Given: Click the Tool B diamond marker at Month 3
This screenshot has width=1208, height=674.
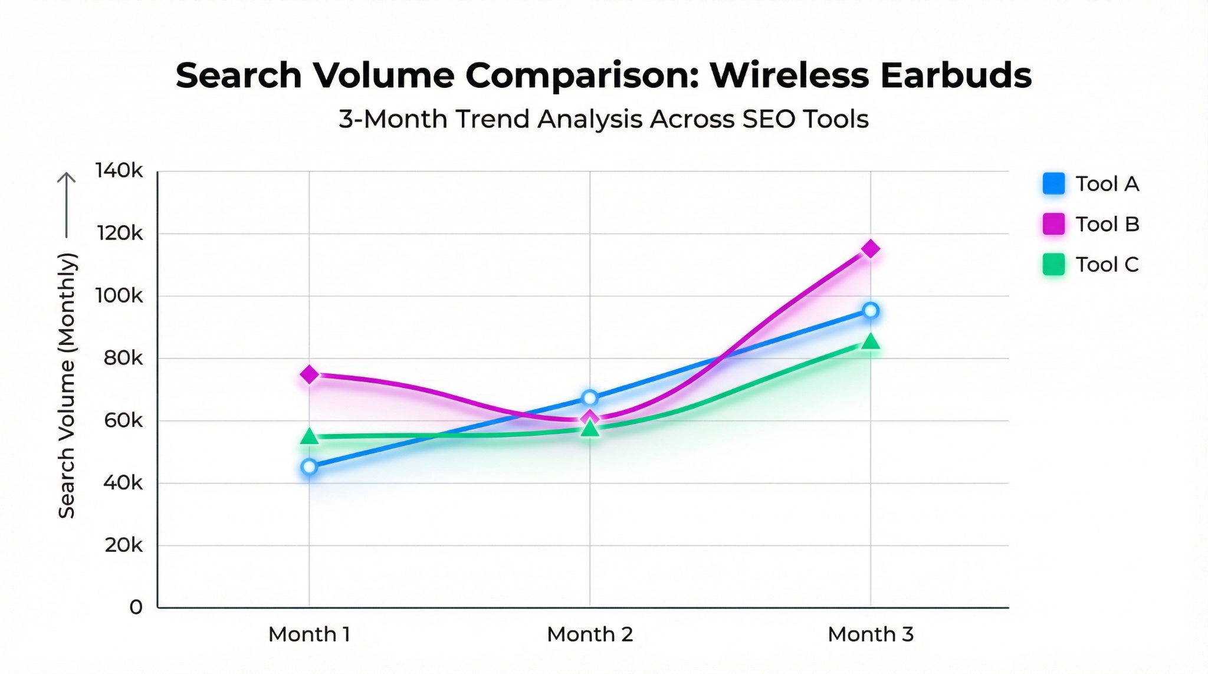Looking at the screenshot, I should coord(870,249).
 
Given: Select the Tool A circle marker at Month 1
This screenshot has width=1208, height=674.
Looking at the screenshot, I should coord(309,467).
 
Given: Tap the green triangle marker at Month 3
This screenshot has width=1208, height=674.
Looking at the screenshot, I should coord(870,342).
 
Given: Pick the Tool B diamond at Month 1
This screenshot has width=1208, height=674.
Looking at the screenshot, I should coord(309,374).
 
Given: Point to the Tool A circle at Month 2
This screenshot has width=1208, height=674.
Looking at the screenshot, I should coord(589,398).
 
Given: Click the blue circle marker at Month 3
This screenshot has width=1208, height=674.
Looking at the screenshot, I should coord(870,311).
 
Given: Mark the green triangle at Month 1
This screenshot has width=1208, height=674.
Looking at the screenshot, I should coord(309,437).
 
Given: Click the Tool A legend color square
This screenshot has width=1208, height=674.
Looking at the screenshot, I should coord(1053,184).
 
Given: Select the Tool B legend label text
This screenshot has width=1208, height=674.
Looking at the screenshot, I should coord(1107,224).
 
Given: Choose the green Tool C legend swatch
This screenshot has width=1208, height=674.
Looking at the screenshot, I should coord(1053,264).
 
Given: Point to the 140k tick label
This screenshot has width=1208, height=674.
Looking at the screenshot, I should coord(119,171).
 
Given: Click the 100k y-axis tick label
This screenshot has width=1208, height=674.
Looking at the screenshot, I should coord(119,296).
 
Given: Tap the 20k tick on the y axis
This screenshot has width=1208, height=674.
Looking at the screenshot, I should coord(123,545).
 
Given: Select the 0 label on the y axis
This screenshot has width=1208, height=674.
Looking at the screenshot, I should coord(136,607).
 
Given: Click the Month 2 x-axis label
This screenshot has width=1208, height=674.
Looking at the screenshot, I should coord(589,634).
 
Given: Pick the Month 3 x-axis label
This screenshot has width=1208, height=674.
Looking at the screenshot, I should coord(870,634).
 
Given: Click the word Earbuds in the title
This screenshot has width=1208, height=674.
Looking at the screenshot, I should coord(956,75).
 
